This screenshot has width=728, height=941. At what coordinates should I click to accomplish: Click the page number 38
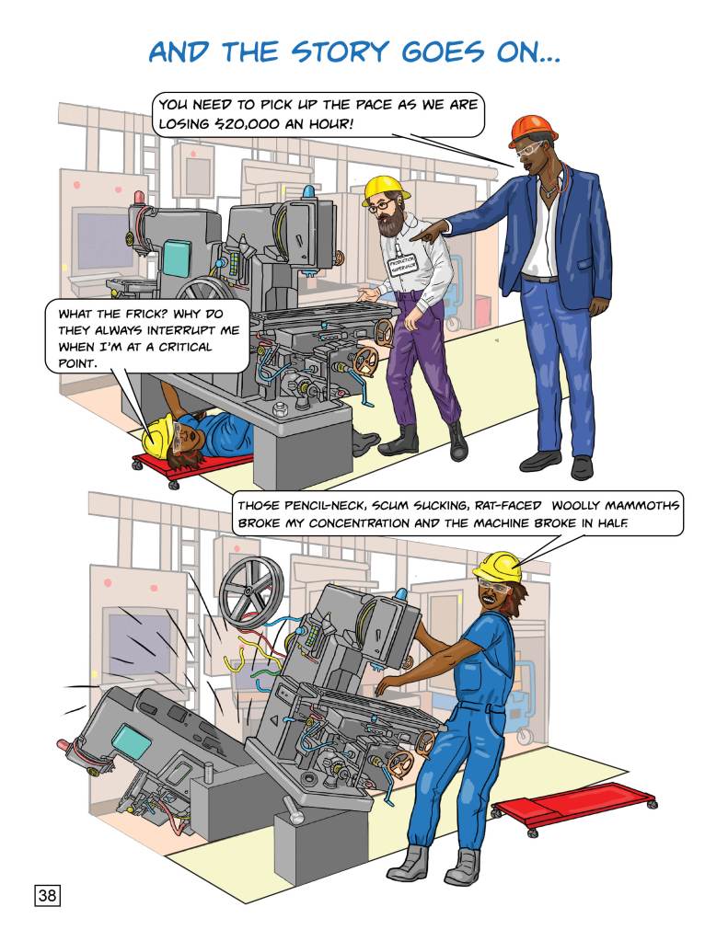(47, 895)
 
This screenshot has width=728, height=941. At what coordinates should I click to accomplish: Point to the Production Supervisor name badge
(399, 267)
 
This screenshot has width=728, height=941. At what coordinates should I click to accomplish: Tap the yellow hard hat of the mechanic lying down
(158, 438)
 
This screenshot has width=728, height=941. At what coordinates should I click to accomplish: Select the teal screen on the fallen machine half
(133, 740)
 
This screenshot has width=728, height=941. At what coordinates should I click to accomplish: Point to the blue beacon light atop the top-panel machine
(308, 191)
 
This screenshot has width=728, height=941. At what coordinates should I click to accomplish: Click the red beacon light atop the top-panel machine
(139, 198)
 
